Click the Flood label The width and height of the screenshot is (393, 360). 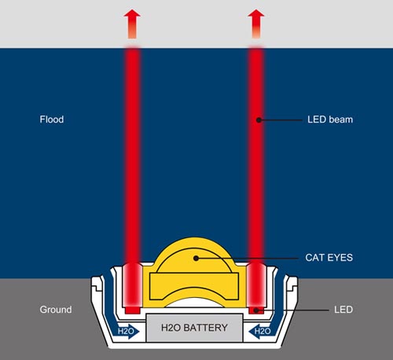[52, 119]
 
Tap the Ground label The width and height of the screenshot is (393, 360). [56, 310]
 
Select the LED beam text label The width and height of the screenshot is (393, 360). [330, 119]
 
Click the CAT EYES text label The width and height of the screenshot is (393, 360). [329, 258]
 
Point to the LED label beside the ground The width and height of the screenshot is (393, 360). [343, 310]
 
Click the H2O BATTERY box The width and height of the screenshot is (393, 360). [194, 328]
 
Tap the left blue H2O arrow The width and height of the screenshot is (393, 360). [127, 332]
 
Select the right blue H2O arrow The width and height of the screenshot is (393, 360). [260, 332]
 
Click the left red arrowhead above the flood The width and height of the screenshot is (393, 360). [132, 16]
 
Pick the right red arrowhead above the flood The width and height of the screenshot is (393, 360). [256, 16]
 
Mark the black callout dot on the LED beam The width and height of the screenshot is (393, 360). [259, 120]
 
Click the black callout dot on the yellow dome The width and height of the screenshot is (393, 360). [196, 259]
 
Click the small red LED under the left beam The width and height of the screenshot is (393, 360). [133, 310]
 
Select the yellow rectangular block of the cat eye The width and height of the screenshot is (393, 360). [194, 286]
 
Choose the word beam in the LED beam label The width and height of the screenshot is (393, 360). [341, 119]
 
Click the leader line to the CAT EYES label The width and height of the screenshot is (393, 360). [248, 259]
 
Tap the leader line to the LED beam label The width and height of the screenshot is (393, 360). [281, 120]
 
